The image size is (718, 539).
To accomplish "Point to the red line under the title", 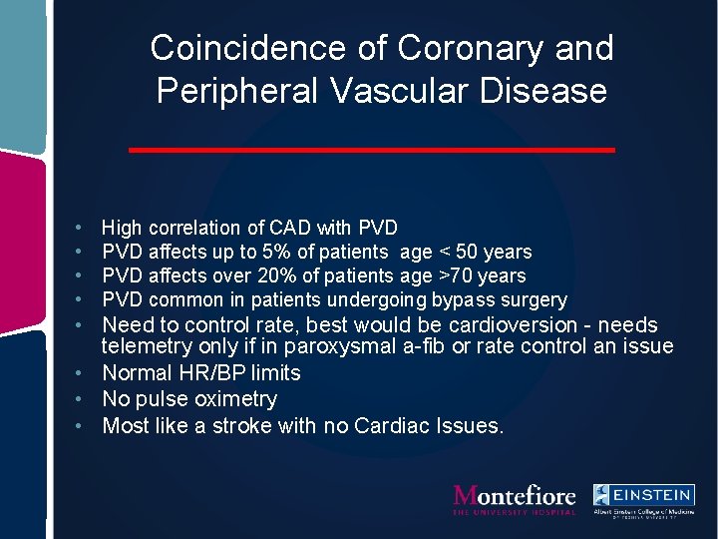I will click(x=372, y=150).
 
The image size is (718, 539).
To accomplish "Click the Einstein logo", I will click(x=642, y=499).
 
